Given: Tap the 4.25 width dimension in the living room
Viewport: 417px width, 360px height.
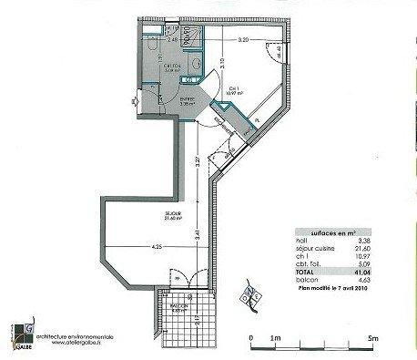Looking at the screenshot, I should (x=158, y=245).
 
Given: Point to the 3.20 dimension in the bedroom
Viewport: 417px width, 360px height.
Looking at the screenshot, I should (x=242, y=41).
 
